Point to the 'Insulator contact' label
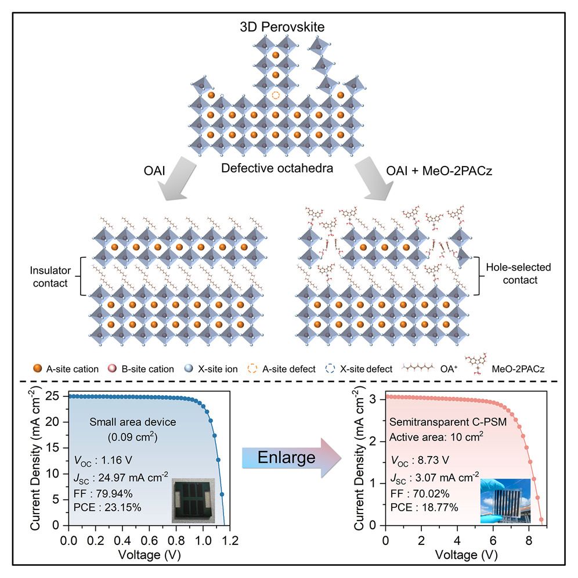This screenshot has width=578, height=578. [x=48, y=276]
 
